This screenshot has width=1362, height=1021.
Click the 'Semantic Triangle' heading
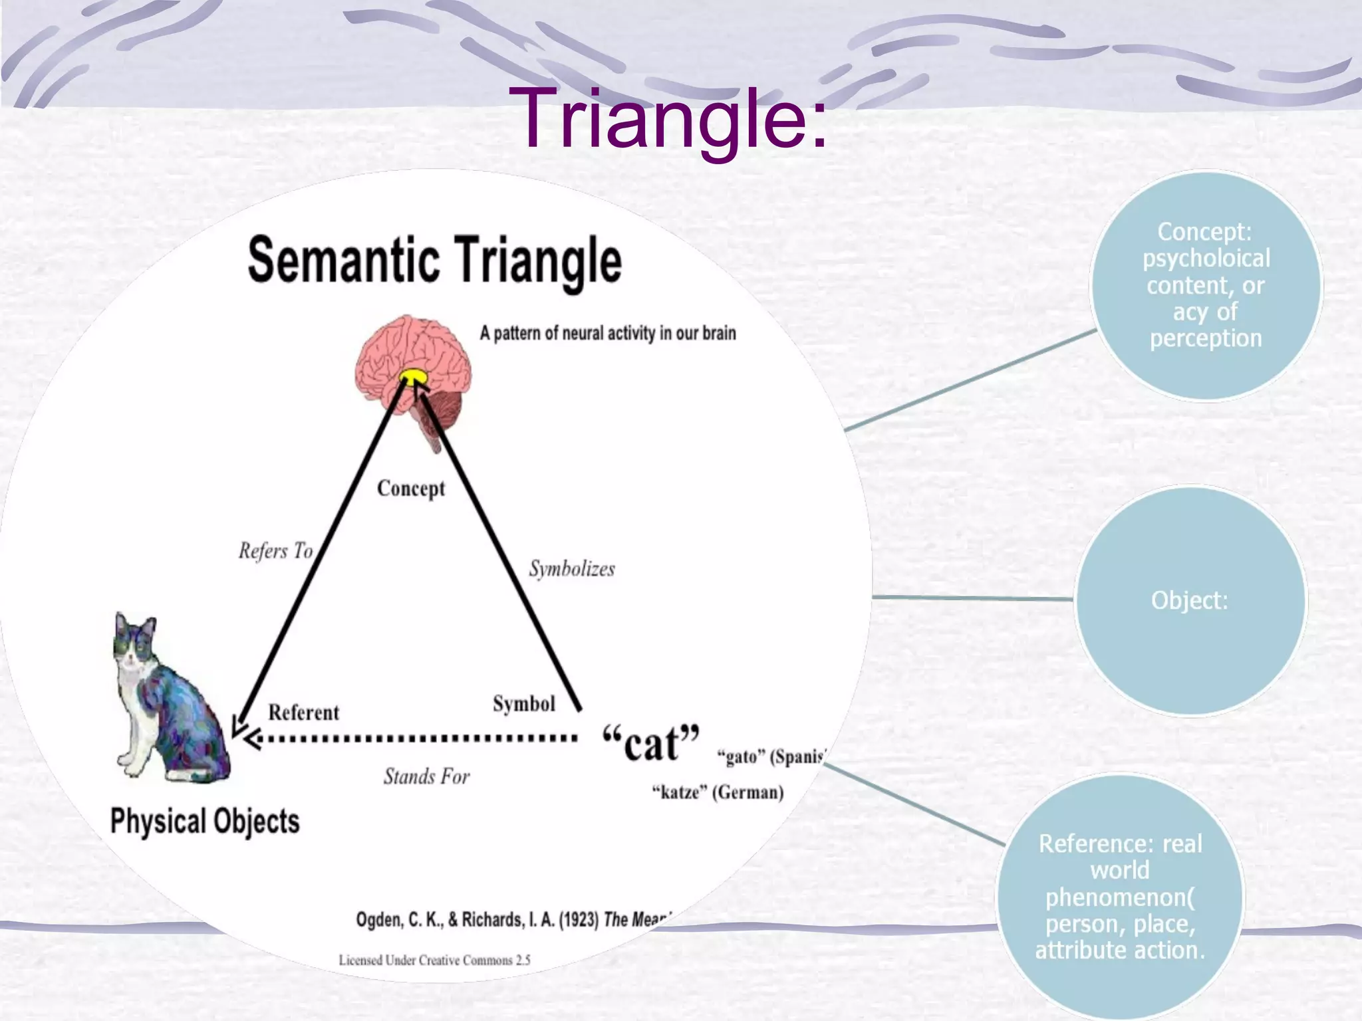[434, 261]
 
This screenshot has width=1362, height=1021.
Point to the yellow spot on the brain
[414, 378]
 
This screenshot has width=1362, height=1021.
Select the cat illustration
[166, 698]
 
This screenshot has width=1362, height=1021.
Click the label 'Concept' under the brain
[411, 489]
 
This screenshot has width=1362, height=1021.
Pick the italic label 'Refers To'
[275, 551]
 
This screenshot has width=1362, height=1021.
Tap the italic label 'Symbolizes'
[572, 569]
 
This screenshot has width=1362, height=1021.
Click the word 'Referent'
[303, 713]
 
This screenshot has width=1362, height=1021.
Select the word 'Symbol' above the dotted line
[524, 704]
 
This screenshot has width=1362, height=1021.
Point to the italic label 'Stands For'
[426, 776]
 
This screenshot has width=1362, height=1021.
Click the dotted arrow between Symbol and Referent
[412, 738]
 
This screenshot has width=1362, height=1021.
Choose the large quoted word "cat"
[650, 743]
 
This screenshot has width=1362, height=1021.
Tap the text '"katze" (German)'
[718, 792]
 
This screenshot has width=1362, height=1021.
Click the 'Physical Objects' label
[205, 821]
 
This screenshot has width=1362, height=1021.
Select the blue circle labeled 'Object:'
[1190, 600]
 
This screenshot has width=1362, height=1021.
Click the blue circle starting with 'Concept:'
[1206, 286]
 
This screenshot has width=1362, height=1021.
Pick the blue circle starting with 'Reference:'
[1121, 897]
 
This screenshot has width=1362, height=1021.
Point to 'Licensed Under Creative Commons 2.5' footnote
[434, 960]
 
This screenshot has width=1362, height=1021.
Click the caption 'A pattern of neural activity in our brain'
[608, 333]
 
